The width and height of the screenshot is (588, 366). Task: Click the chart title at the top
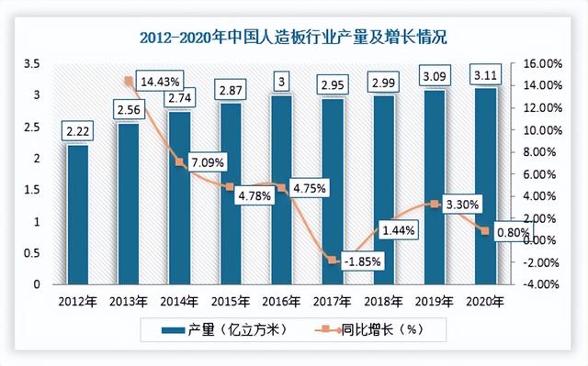click(294, 38)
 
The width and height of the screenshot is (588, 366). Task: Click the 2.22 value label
click(77, 133)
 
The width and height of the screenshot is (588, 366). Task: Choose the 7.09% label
click(209, 163)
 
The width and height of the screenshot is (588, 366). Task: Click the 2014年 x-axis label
click(179, 302)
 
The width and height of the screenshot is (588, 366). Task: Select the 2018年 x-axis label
click(383, 302)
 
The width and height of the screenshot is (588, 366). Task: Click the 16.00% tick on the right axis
click(554, 63)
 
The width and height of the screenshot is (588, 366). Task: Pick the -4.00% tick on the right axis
click(554, 284)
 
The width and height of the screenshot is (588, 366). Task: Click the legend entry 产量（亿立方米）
click(217, 328)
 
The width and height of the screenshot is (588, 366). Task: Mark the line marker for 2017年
click(333, 261)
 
